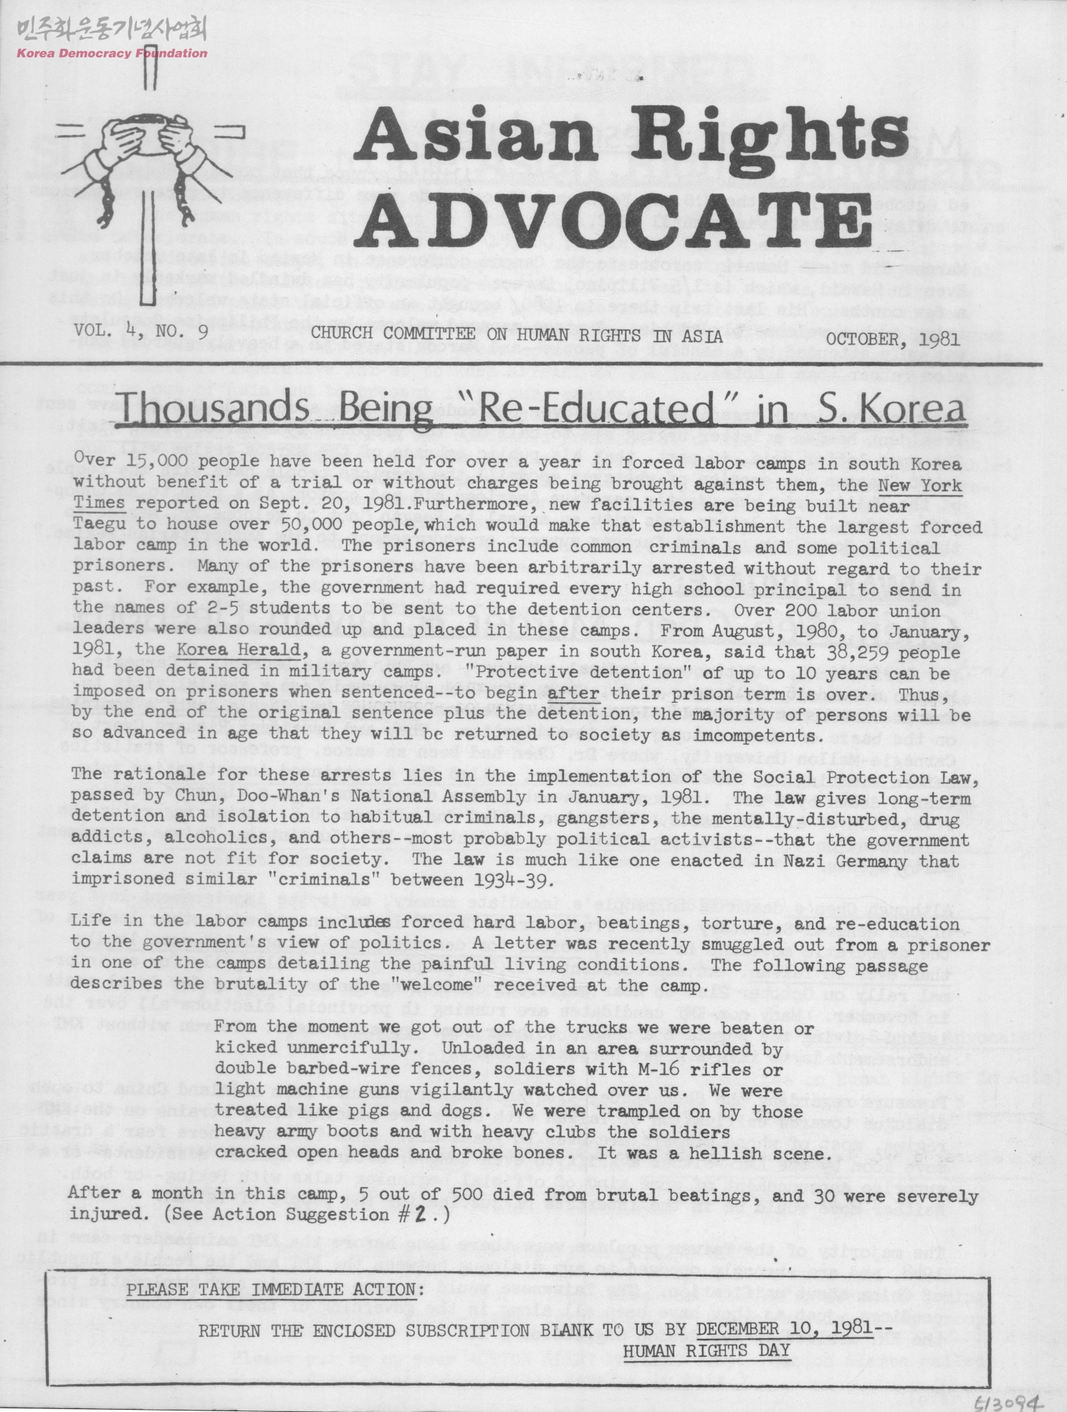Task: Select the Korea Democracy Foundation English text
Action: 112,53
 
